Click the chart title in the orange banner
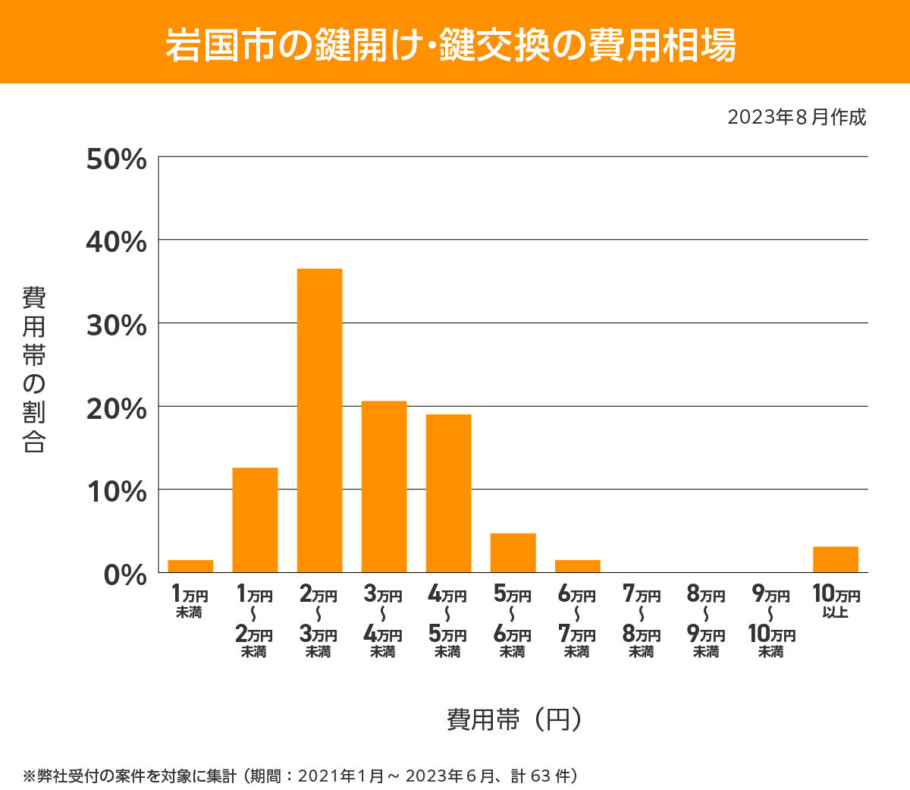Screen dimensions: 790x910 (x=450, y=45)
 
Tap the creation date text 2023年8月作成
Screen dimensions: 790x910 (x=796, y=118)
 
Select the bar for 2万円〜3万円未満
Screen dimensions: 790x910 (x=319, y=420)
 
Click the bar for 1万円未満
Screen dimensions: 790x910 (x=190, y=566)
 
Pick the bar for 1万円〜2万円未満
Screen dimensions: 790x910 (x=255, y=520)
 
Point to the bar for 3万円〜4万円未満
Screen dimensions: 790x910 (x=384, y=486)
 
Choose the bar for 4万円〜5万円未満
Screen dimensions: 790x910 (x=448, y=493)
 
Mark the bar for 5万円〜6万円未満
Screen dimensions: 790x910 (x=513, y=552)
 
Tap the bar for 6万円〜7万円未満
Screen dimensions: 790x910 (x=577, y=566)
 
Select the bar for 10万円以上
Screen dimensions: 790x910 (x=835, y=559)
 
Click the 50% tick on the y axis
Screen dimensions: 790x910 (x=117, y=159)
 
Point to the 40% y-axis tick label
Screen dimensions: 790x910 (x=117, y=242)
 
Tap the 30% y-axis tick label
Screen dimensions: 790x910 (x=117, y=326)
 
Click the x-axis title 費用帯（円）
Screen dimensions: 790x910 (x=514, y=719)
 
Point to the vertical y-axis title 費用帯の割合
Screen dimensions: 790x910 (x=34, y=370)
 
